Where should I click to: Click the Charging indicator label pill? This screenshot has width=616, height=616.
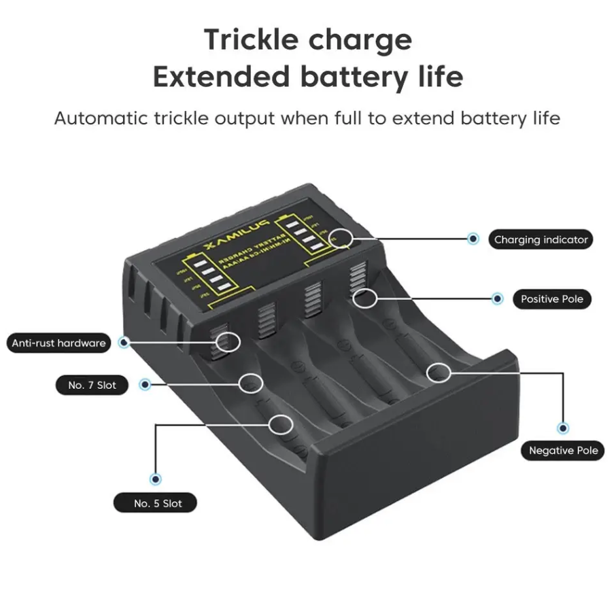click(541, 239)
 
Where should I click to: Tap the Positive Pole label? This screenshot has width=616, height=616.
click(551, 298)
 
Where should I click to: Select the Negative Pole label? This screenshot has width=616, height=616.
click(563, 450)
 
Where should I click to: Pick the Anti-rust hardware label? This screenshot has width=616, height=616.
click(58, 343)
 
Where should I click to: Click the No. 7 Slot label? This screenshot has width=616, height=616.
click(92, 385)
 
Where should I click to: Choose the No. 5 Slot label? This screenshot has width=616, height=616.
click(157, 503)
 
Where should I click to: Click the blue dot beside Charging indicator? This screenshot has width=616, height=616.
click(473, 239)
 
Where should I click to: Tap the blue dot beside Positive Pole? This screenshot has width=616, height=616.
click(498, 298)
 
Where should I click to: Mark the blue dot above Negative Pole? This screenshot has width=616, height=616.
click(563, 428)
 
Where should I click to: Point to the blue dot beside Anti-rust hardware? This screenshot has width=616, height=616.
click(124, 343)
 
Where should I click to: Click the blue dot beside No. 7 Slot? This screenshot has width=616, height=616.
click(145, 385)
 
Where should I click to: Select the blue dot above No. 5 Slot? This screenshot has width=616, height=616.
click(157, 479)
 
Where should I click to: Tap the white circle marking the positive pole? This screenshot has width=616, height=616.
click(365, 297)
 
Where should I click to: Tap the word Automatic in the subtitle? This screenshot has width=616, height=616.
click(101, 118)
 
